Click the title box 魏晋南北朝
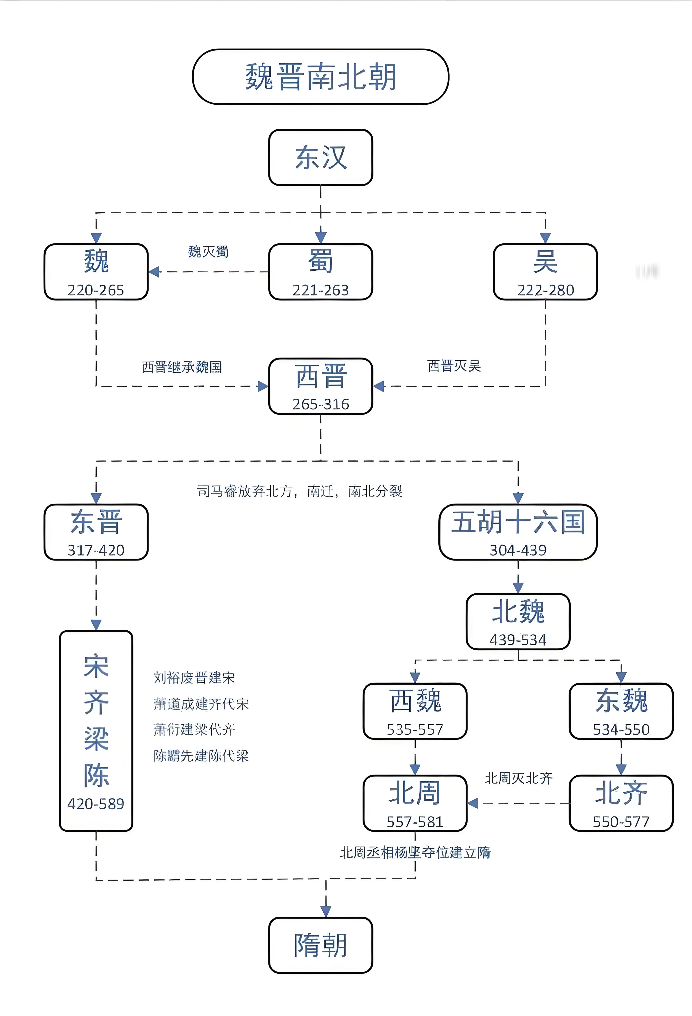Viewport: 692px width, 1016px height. click(x=321, y=77)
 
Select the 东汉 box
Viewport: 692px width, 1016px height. click(x=321, y=157)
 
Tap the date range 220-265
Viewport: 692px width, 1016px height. click(x=96, y=290)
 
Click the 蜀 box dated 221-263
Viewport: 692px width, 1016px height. click(x=321, y=272)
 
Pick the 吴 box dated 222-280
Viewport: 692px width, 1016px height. click(x=545, y=272)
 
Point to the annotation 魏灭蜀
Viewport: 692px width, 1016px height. click(x=208, y=252)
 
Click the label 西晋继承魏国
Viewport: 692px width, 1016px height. click(x=182, y=367)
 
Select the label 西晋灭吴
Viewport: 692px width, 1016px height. click(x=454, y=366)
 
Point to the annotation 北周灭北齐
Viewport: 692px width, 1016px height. click(x=518, y=778)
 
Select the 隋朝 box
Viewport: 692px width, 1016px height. click(x=321, y=945)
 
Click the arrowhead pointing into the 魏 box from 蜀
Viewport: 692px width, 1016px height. click(x=154, y=272)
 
